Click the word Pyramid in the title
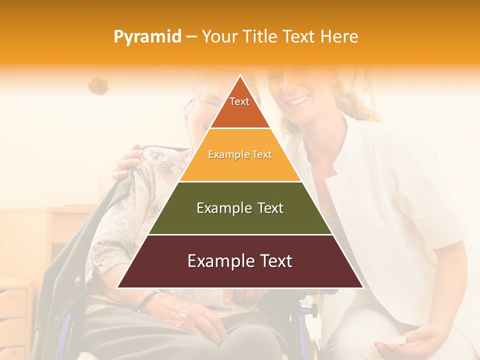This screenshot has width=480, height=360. point(147,37)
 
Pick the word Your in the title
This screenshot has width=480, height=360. point(218,36)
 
